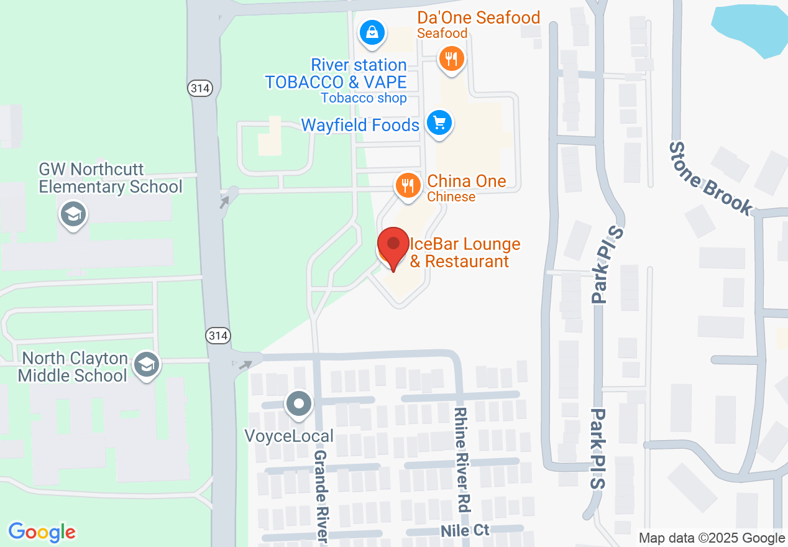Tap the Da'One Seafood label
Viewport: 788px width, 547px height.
pos(478,18)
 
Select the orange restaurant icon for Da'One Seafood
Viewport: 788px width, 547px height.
pos(452,60)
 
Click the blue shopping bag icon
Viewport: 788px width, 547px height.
pos(372,32)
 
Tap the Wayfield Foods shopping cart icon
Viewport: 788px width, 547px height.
pos(440,122)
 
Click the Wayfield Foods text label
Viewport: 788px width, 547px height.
pos(360,125)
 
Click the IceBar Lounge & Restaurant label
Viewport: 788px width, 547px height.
pos(465,253)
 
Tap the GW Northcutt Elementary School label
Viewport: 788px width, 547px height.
pos(111,178)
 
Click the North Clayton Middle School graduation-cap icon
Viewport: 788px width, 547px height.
pos(147,365)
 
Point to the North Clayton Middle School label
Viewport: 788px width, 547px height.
pos(73,367)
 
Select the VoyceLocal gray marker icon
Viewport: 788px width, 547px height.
pos(299,404)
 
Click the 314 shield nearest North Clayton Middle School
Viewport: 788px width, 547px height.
pos(219,336)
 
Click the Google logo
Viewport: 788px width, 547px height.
pos(42,532)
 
